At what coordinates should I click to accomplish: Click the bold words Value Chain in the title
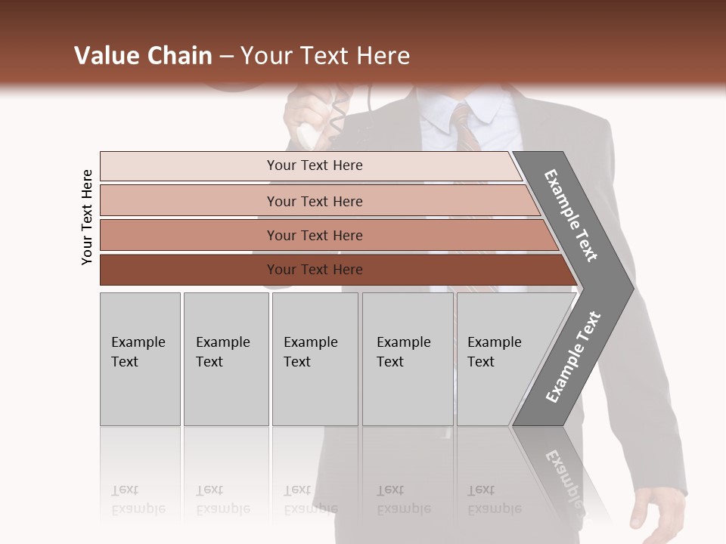(x=143, y=56)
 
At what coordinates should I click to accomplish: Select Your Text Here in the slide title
(x=325, y=56)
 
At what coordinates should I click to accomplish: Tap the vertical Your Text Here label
(x=87, y=217)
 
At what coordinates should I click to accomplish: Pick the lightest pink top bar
(x=310, y=165)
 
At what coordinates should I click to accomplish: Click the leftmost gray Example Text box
(x=140, y=359)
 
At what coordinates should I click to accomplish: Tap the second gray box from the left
(x=225, y=359)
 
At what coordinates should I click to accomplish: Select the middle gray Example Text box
(x=315, y=359)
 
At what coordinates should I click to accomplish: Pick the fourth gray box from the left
(x=408, y=359)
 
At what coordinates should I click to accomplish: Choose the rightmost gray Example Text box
(x=499, y=359)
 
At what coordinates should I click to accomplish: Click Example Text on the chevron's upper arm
(x=571, y=215)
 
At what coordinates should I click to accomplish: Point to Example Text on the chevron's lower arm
(x=572, y=357)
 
